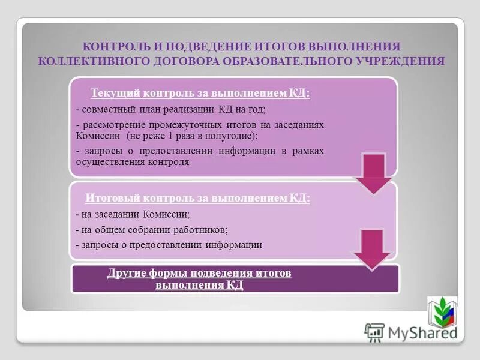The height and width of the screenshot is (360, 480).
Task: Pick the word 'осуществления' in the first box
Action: pyautogui.click(x=105, y=162)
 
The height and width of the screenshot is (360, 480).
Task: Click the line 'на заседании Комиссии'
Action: pyautogui.click(x=133, y=214)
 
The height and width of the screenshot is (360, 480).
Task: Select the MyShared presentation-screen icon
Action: pyautogui.click(x=374, y=332)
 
